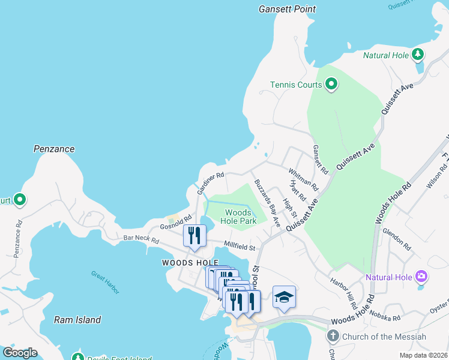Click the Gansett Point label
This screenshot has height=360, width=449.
point(287,9)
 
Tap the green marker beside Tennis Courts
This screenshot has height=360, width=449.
point(331,85)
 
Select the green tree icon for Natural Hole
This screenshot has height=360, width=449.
point(418,55)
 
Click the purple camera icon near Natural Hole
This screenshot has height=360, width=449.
point(422,277)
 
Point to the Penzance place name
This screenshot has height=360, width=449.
point(54,149)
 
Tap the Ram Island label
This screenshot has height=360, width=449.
point(77,320)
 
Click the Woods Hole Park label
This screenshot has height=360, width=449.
point(241,217)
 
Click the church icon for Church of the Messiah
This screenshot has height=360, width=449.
point(333,337)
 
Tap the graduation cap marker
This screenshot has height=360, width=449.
point(284,297)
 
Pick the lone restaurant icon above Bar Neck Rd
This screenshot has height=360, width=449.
point(194,236)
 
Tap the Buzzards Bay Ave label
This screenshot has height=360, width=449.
point(267,202)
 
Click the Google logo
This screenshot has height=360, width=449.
point(20,353)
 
